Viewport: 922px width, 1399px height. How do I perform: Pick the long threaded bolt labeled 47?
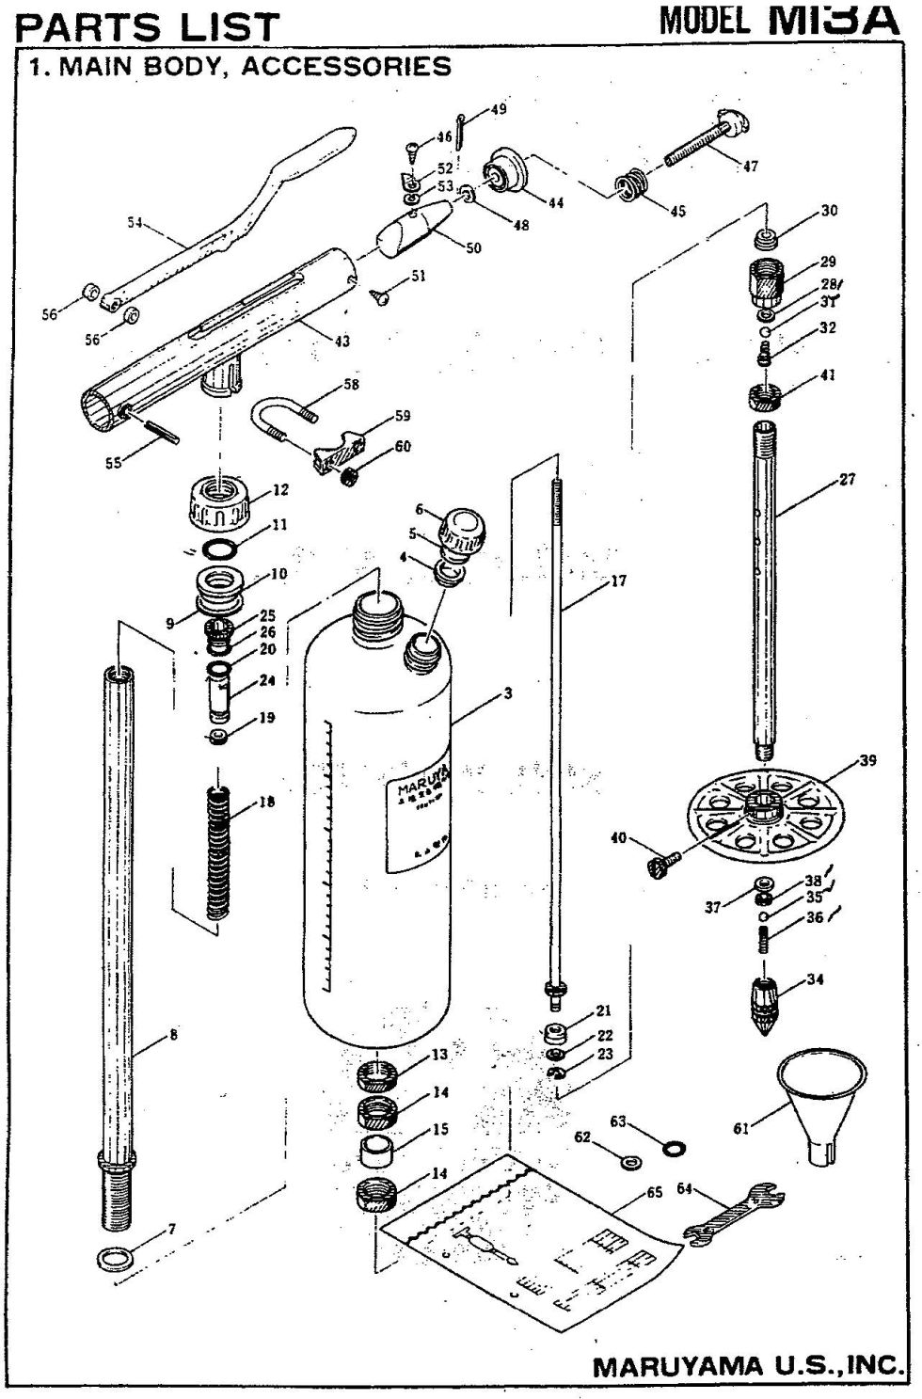700,140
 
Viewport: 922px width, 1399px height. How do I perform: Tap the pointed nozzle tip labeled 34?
770,1004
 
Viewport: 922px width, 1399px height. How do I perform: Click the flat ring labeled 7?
114,1257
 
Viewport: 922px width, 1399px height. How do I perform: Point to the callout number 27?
847,480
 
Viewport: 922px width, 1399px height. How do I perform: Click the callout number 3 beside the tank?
508,694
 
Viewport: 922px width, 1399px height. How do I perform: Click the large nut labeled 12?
220,504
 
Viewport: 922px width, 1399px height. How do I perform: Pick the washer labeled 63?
674,1148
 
